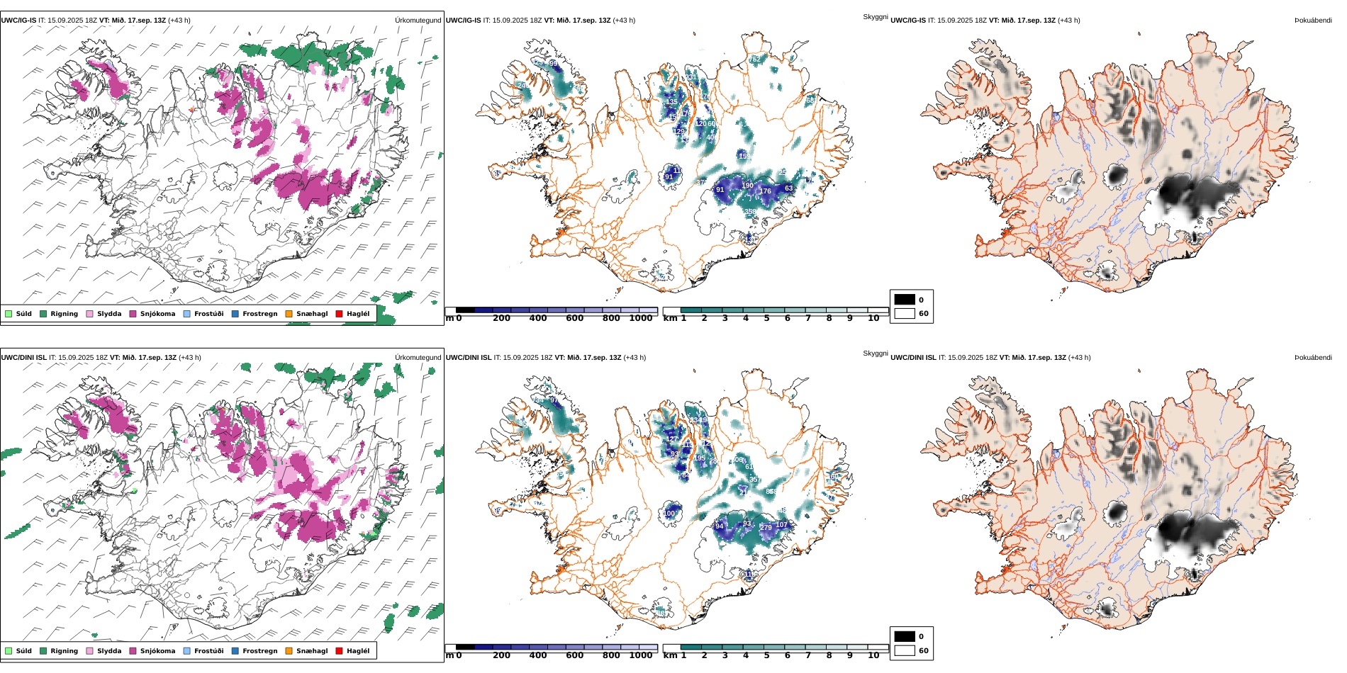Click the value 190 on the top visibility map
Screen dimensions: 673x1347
747,186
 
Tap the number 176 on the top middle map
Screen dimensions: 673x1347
765,191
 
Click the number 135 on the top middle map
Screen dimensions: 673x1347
671,102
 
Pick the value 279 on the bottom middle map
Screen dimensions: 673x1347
766,527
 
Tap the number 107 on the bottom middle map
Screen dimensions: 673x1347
781,525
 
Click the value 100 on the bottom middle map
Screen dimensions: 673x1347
669,514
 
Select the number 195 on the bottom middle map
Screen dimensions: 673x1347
699,458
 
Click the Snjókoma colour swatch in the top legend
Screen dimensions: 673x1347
133,314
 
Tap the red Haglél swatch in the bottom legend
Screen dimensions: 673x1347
339,651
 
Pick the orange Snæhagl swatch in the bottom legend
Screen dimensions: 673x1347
289,651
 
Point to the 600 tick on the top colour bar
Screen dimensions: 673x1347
575,318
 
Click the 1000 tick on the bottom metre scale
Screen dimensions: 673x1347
640,655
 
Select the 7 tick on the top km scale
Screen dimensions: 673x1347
808,318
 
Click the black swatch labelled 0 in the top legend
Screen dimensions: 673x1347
905,300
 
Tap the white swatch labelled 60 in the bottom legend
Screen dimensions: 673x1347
905,650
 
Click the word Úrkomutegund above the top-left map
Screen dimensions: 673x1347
418,21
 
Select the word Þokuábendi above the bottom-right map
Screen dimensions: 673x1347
1313,358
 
